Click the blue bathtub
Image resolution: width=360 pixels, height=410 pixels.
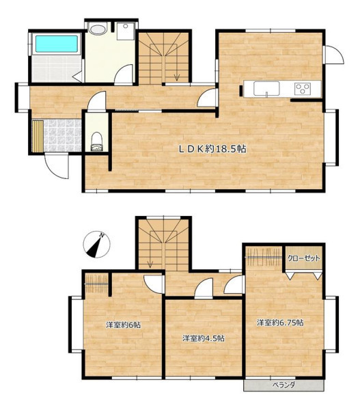pos(57,44)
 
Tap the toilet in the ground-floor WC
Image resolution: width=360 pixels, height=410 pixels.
pos(96,141)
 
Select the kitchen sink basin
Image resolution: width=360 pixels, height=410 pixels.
pos(266,88)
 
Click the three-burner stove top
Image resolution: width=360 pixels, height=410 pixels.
pos(303,89)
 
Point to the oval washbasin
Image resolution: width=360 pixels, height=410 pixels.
pos(98,29)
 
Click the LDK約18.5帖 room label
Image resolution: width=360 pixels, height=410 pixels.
pos(212,149)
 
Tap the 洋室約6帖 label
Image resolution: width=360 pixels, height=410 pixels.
pos(124,325)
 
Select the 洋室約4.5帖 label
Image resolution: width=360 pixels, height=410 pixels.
pos(204,338)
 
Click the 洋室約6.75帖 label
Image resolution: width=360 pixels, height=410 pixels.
pos(280,323)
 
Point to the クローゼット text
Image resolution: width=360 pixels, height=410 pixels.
pos(303,258)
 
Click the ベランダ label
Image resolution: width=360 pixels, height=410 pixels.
pos(283,385)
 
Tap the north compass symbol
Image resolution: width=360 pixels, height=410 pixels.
pos(96,245)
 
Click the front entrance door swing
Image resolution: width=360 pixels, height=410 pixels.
pos(57,167)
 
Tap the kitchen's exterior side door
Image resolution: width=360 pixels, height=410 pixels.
pos(333,55)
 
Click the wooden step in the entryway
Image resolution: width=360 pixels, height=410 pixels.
pos(38,136)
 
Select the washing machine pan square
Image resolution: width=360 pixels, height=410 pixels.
pos(126,31)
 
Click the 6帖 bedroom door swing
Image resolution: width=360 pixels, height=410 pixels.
pos(154,284)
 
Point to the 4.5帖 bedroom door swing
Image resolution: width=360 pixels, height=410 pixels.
pos(204,288)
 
